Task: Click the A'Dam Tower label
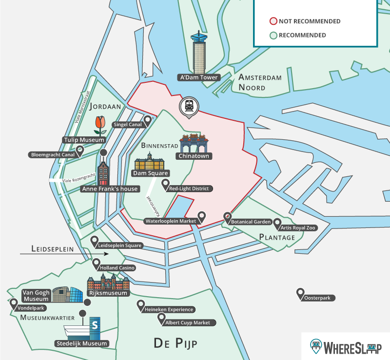pos(199,77)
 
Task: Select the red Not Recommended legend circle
pos(273,21)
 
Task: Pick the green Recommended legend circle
pos(273,35)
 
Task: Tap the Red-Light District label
pos(188,189)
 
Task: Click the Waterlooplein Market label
pos(171,221)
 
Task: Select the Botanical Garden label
pos(251,222)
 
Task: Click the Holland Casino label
pos(117,268)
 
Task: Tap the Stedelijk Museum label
pos(81,343)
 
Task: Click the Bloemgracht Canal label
pos(52,155)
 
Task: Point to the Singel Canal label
pos(128,125)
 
